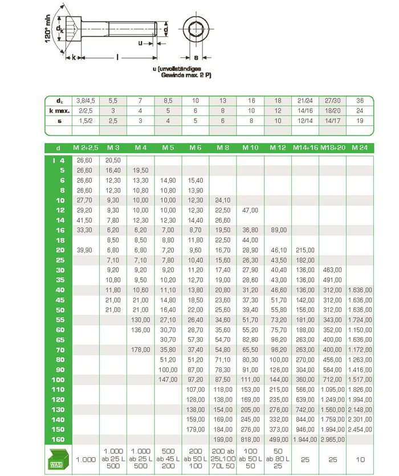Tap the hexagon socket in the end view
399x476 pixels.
(196, 28)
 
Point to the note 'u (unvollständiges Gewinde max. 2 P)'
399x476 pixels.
(182, 72)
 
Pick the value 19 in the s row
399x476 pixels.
(360, 120)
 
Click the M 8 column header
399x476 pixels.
(222, 147)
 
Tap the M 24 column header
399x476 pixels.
(360, 147)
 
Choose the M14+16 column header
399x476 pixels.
(305, 147)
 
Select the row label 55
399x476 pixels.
(59, 319)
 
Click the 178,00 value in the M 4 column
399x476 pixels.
(140, 350)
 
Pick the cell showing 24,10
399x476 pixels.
(222, 200)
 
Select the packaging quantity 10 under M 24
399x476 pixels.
(360, 458)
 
